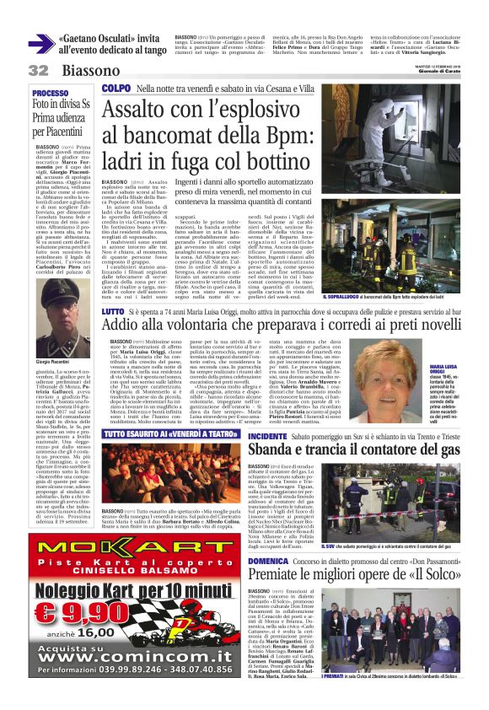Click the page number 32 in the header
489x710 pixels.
tap(38, 69)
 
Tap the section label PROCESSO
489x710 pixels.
tap(50, 93)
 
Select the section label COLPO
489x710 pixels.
tap(116, 87)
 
